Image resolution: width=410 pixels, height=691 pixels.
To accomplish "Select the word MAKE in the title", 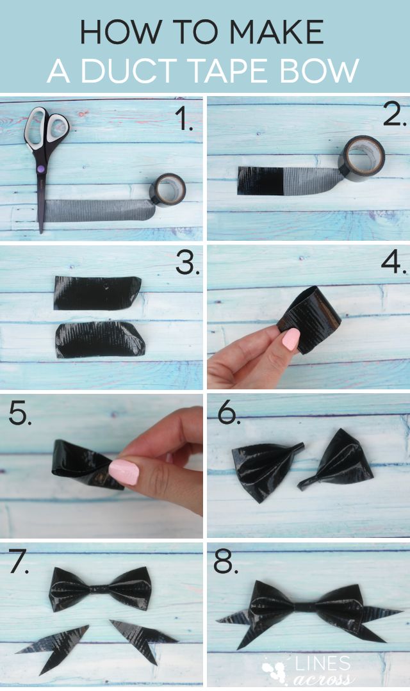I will (280, 31).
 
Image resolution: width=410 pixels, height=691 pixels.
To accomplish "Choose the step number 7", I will (19, 563).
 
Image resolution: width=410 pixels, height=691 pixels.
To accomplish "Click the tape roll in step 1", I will (167, 190).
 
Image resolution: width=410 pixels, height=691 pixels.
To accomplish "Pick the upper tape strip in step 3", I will (97, 293).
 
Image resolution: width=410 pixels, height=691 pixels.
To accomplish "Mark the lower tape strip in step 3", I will (99, 340).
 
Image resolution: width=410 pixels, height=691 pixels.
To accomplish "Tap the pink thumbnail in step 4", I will (290, 339).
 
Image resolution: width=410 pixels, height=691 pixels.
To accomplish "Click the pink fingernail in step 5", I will (124, 472).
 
